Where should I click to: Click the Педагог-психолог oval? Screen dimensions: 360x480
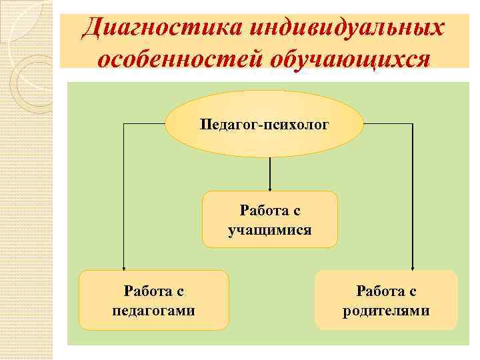(264, 124)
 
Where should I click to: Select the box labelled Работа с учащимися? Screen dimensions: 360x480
(269, 219)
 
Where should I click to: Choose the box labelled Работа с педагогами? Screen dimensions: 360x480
(154, 299)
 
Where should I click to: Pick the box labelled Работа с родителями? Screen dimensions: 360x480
(386, 299)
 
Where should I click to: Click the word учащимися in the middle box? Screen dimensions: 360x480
(269, 231)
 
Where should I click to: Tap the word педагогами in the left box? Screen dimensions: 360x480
(154, 311)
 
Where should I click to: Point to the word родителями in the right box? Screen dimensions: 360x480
(386, 311)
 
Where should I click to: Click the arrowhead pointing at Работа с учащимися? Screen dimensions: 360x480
(269, 187)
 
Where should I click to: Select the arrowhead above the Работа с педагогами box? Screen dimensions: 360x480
(123, 266)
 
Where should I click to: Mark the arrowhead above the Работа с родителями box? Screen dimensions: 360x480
(413, 266)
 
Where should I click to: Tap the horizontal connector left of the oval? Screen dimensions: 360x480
(144, 124)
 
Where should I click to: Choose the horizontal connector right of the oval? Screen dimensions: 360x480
(389, 124)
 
